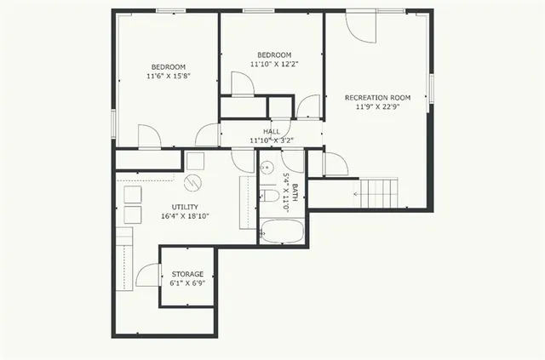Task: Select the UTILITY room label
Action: pos(185,207)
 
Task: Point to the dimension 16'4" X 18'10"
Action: pos(185,216)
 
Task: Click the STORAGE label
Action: pos(187,274)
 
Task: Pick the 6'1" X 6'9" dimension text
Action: pos(187,283)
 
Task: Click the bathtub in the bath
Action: pos(281,231)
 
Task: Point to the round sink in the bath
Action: pos(266,168)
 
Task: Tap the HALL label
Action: pos(272,131)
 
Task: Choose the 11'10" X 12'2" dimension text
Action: pos(274,64)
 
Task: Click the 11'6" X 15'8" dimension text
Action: pos(169,76)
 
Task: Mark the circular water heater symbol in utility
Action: pos(193,182)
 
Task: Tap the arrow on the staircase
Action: pos(358,193)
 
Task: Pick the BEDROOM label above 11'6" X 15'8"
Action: pos(169,66)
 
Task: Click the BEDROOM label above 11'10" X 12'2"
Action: pos(274,54)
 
